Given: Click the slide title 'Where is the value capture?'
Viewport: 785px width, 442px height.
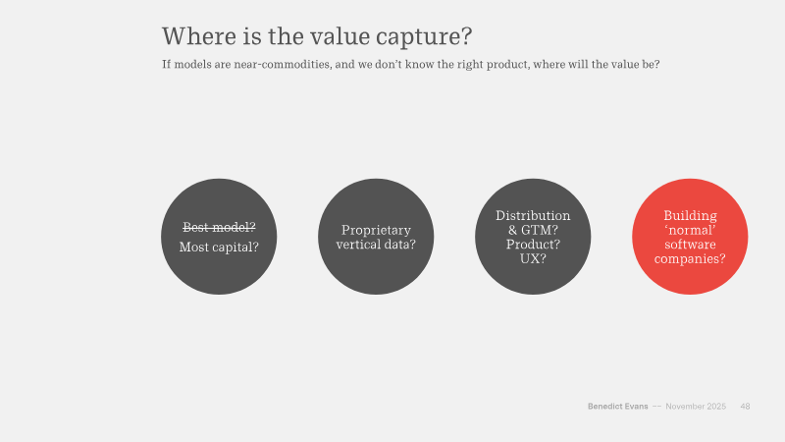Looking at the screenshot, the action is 317,36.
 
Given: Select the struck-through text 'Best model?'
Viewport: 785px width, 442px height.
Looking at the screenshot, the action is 219,228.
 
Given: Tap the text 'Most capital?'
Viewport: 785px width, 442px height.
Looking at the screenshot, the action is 219,248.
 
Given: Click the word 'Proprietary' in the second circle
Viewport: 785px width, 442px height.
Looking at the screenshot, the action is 376,231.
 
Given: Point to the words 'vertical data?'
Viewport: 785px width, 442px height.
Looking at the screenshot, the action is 376,244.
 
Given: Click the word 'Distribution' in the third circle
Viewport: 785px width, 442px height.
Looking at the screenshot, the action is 533,215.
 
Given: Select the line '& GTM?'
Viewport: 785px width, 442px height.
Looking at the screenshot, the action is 533,230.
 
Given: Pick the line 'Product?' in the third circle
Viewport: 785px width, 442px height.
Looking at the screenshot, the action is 533,245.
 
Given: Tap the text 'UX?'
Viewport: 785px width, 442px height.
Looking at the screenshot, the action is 533,258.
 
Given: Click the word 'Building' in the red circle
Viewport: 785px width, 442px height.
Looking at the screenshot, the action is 690,216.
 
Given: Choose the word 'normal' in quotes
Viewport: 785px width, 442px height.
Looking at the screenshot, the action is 690,231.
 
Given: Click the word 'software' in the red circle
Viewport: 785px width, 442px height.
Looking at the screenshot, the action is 690,245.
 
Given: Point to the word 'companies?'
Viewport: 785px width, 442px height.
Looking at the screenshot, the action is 690,259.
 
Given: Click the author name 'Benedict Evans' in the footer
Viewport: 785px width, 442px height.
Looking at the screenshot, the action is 618,407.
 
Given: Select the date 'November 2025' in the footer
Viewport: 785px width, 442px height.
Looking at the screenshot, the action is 696,407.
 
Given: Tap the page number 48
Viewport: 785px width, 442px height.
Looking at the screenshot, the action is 745,407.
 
